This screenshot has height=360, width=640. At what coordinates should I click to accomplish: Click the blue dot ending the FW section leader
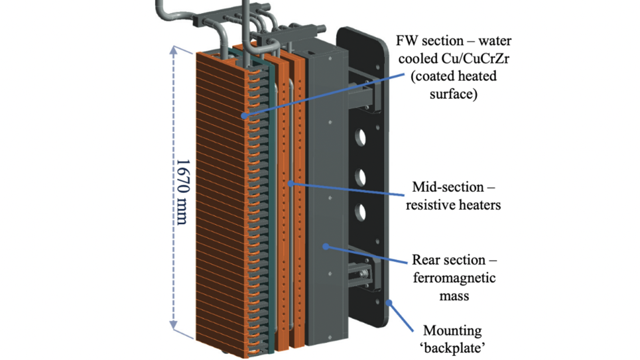tap(245, 115)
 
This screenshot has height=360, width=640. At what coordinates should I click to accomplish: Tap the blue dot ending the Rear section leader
tap(324, 246)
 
